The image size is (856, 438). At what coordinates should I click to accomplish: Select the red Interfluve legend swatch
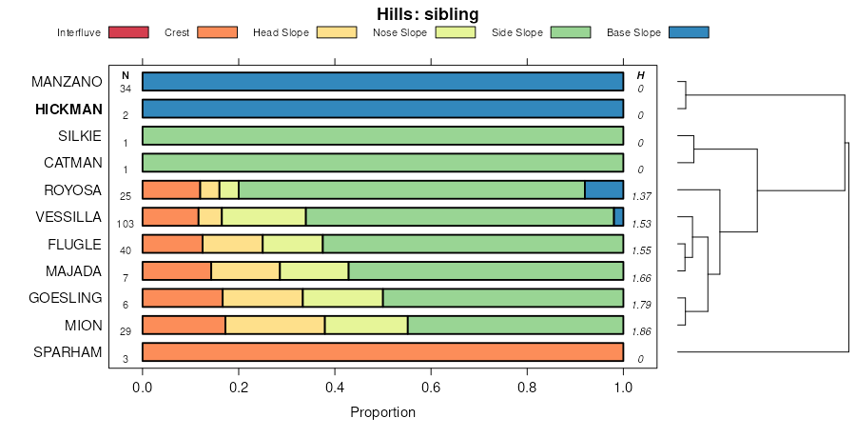[129, 32]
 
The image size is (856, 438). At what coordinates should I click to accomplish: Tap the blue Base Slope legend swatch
[689, 32]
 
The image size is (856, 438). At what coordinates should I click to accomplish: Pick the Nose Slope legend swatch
[456, 32]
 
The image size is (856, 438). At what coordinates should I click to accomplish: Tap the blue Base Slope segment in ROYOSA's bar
[604, 189]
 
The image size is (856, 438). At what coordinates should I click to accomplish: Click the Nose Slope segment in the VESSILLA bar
[263, 217]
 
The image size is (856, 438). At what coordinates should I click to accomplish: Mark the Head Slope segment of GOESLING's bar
[263, 298]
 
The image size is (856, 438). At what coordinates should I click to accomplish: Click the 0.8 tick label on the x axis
[527, 388]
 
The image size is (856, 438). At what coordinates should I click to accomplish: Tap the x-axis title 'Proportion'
[382, 413]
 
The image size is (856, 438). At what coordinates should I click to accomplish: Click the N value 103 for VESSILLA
[125, 223]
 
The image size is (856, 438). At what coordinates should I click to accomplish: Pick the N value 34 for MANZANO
[125, 88]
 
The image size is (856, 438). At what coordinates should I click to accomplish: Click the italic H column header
[640, 75]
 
